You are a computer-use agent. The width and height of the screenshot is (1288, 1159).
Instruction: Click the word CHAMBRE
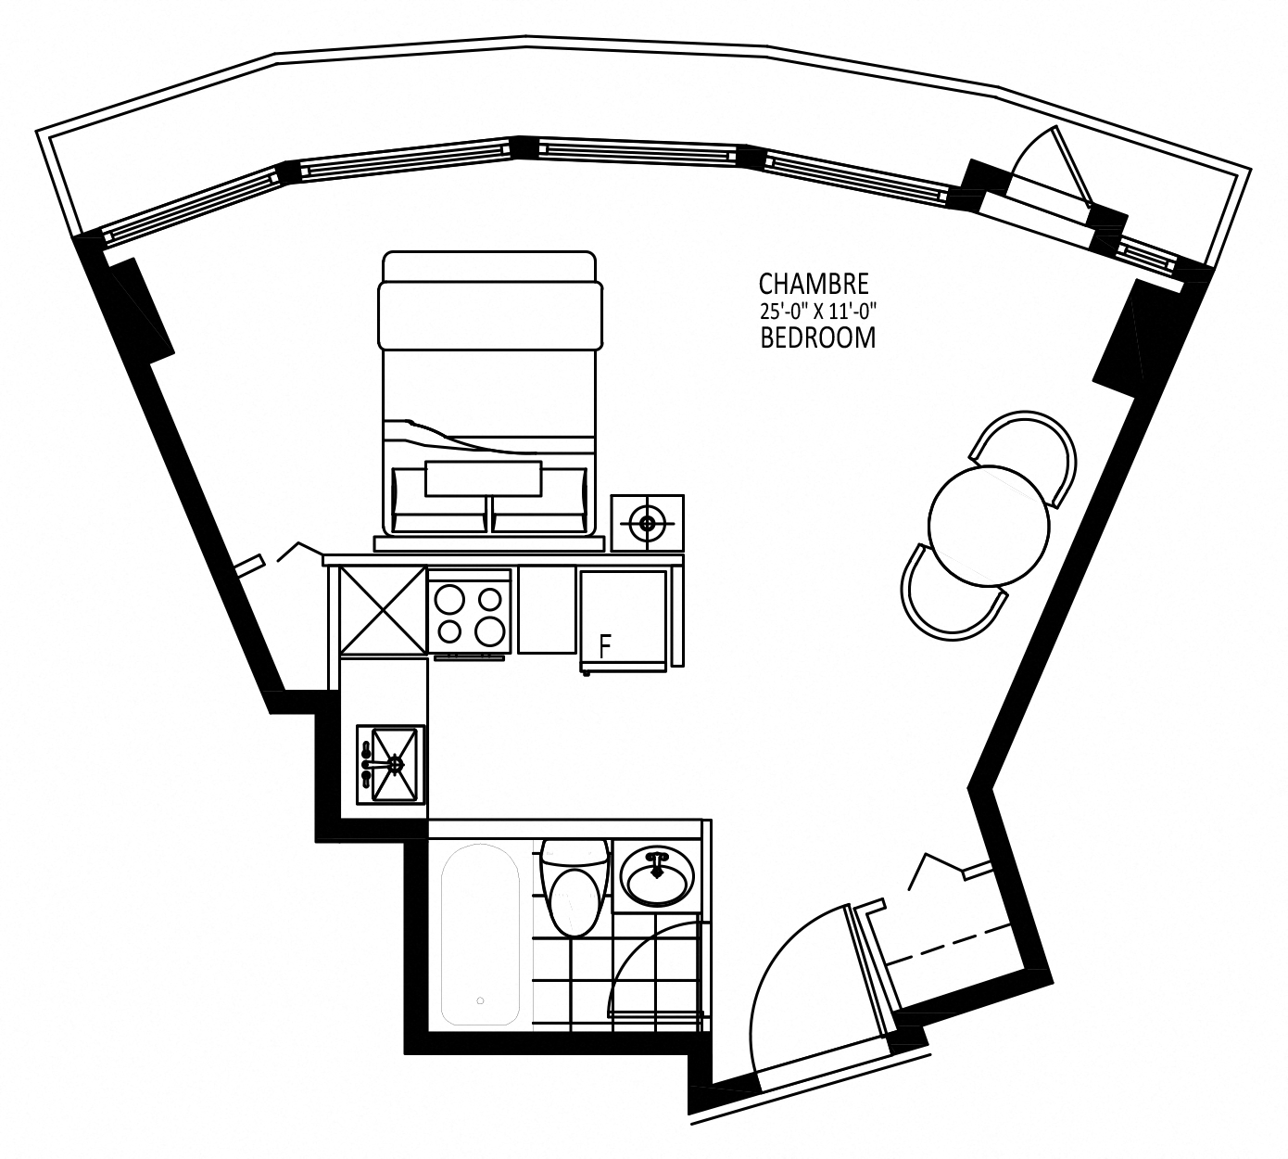pyautogui.click(x=814, y=284)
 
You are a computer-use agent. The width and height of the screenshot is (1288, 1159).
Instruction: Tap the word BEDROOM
pyautogui.click(x=817, y=338)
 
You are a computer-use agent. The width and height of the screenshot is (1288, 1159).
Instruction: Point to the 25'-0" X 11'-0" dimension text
pyautogui.click(x=818, y=312)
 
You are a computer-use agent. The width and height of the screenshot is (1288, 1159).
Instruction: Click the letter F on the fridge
pyautogui.click(x=604, y=646)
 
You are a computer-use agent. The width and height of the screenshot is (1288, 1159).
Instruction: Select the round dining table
pyautogui.click(x=989, y=526)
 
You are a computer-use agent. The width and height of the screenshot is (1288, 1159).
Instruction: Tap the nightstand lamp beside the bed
pyautogui.click(x=647, y=523)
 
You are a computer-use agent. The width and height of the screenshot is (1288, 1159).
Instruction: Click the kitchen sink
pyautogui.click(x=390, y=765)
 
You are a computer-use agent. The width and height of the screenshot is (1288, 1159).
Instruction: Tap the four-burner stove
pyautogui.click(x=470, y=615)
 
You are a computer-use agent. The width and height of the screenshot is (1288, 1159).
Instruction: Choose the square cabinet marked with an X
pyautogui.click(x=382, y=610)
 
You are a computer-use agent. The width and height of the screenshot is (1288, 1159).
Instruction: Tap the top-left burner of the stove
pyautogui.click(x=448, y=600)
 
